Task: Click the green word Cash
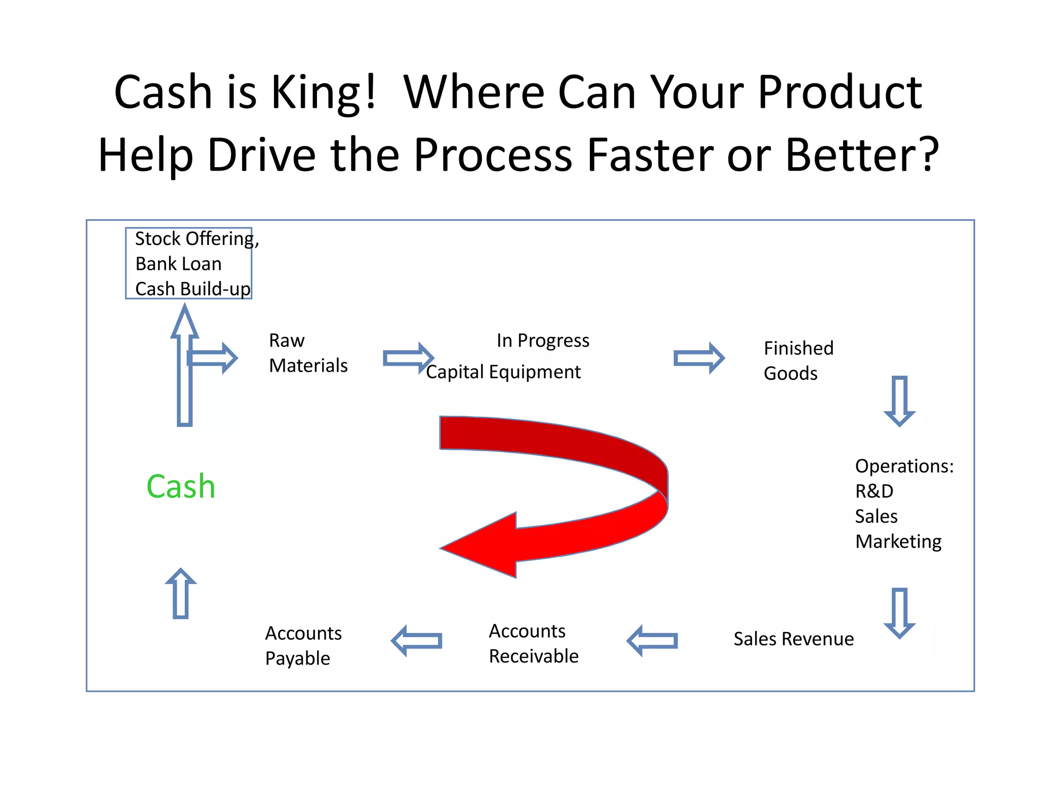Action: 181,487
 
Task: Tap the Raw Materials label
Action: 307,353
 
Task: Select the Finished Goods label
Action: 798,361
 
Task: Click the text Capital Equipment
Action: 503,372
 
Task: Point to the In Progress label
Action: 542,341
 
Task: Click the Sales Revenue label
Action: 793,639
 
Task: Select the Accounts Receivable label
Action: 533,644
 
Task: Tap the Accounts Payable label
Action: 303,646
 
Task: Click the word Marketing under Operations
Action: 898,542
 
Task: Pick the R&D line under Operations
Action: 874,491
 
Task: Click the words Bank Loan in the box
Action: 178,264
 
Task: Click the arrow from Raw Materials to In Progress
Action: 408,358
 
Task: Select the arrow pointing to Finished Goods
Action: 699,358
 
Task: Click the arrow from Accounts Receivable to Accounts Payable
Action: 417,641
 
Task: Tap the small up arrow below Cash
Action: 181,593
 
